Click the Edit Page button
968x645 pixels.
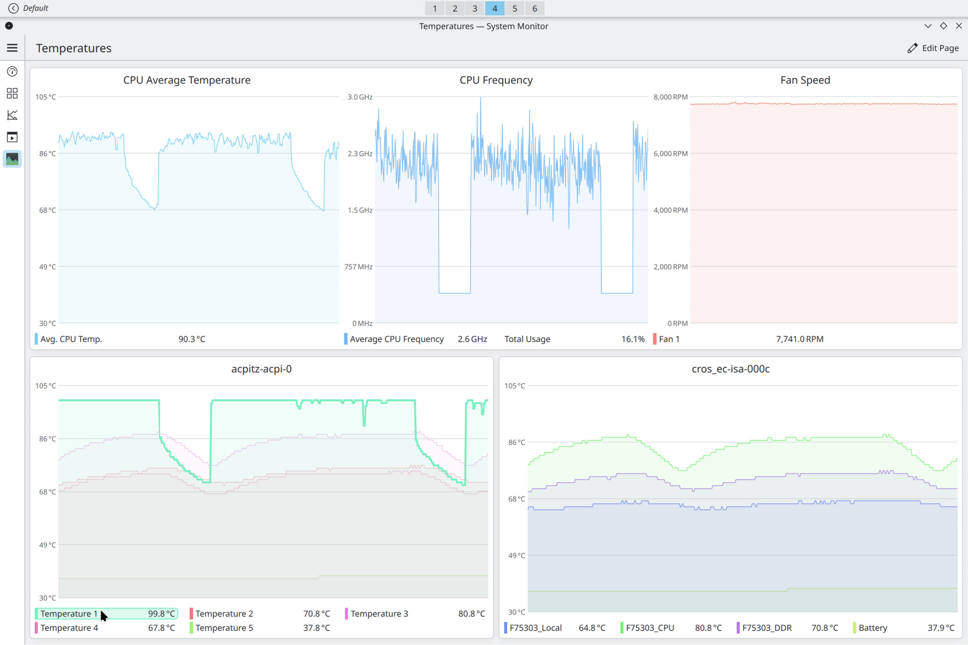pyautogui.click(x=933, y=48)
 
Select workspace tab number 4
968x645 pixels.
pyautogui.click(x=495, y=8)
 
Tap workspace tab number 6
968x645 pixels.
pyautogui.click(x=535, y=8)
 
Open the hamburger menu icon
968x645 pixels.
pyautogui.click(x=12, y=48)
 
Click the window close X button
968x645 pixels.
pyautogui.click(x=959, y=26)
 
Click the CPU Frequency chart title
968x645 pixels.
pyautogui.click(x=496, y=80)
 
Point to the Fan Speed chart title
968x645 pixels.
pyautogui.click(x=805, y=80)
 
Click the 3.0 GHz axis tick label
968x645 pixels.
pyautogui.click(x=360, y=97)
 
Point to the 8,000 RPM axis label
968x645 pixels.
pyautogui.click(x=670, y=97)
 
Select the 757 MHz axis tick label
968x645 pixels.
pyautogui.click(x=358, y=267)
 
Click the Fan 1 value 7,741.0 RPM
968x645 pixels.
pyautogui.click(x=800, y=339)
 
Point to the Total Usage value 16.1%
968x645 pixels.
pyautogui.click(x=633, y=339)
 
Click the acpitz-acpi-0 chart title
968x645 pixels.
pyautogui.click(x=261, y=369)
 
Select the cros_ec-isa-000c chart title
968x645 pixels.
pyautogui.click(x=731, y=369)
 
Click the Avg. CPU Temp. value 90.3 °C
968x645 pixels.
pyautogui.click(x=192, y=339)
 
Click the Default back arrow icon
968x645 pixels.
pyautogui.click(x=13, y=8)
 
